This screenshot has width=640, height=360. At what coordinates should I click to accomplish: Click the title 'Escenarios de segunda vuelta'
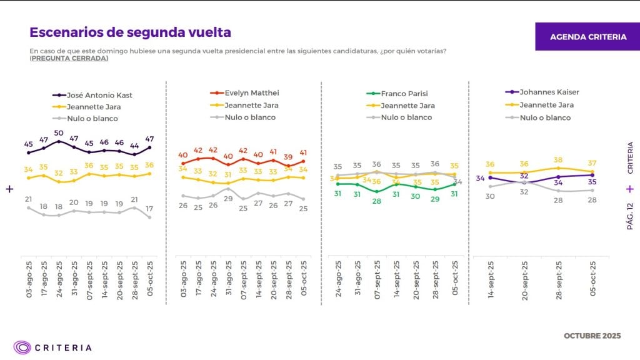pos(130,32)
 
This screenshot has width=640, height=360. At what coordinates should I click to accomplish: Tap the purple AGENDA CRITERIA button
pos(587,37)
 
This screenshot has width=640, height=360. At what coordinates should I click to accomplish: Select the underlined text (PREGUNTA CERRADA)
pos(69,58)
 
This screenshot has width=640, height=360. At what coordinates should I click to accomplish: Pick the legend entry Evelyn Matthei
pos(252,93)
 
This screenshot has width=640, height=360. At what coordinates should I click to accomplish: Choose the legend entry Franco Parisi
pos(404,94)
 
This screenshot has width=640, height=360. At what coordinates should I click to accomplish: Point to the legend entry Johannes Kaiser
pos(549,92)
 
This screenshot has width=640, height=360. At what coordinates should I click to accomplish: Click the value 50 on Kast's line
pos(59,133)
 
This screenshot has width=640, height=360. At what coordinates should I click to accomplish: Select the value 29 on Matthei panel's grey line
pos(228,198)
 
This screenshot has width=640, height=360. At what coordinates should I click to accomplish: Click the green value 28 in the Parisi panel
pos(377,201)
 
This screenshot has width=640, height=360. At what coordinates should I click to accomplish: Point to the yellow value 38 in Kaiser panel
pos(558,160)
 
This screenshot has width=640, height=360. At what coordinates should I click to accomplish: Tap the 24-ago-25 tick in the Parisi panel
pos(338,279)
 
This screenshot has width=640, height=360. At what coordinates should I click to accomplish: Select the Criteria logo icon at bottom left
pos(22,347)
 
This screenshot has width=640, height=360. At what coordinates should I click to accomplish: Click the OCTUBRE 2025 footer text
pos(592,336)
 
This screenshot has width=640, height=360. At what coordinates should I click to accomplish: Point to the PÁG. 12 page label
pos(630,216)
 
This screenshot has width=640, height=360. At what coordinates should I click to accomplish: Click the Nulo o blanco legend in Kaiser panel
pos(544,117)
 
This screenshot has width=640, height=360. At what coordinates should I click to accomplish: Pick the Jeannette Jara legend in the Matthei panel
pos(250,105)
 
